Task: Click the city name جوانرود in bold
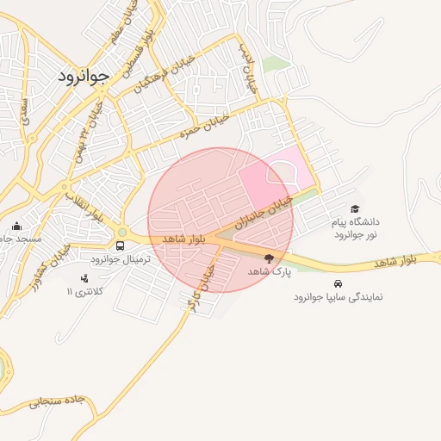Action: pyautogui.click(x=84, y=76)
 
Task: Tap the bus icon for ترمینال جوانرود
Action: pyautogui.click(x=120, y=245)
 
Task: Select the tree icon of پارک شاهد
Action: pyautogui.click(x=270, y=258)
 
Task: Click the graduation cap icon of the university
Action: pyautogui.click(x=355, y=209)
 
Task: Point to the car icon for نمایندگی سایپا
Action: pyautogui.click(x=337, y=283)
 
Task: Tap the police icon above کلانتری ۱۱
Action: pyautogui.click(x=84, y=278)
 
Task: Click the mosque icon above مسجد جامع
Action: pyautogui.click(x=17, y=227)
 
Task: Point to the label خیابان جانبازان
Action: pyautogui.click(x=266, y=211)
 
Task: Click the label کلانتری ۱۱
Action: pyautogui.click(x=85, y=292)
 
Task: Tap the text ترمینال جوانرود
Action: pyautogui.click(x=121, y=258)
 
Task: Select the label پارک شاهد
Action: pyautogui.click(x=270, y=271)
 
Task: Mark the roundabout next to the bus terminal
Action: pyautogui.click(x=122, y=232)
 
